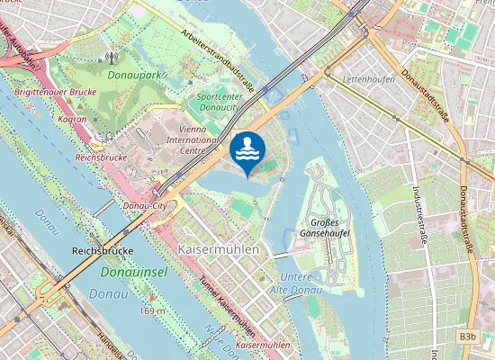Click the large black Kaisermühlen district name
pyautogui.click(x=220, y=248)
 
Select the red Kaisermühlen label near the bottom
pyautogui.click(x=262, y=345)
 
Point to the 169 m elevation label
pyautogui.click(x=152, y=310)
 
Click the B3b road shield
pyautogui.click(x=467, y=337)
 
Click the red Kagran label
pyautogui.click(x=71, y=119)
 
